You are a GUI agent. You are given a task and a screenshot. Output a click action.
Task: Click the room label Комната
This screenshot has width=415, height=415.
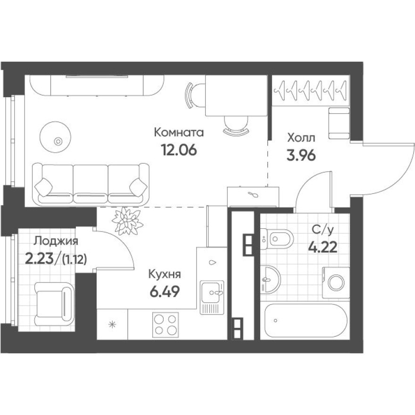pos(179,133)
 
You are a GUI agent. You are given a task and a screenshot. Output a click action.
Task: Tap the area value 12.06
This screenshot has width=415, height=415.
pos(179,150)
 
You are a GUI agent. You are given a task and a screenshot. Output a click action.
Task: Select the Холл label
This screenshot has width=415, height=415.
pos(301,138)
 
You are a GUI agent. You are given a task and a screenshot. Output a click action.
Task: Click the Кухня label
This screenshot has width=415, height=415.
pos(165,274)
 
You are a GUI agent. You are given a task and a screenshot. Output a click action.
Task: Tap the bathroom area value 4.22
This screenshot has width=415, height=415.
pos(323,247)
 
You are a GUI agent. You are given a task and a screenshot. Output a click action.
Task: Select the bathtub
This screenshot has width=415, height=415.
pos(304,321)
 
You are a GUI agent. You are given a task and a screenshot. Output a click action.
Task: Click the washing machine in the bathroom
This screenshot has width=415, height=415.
pos(336,283)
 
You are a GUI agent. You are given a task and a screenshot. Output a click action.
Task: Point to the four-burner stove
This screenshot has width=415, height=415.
pos(165,324)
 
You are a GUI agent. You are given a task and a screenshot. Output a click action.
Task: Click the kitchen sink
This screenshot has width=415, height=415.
pos(211,292)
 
